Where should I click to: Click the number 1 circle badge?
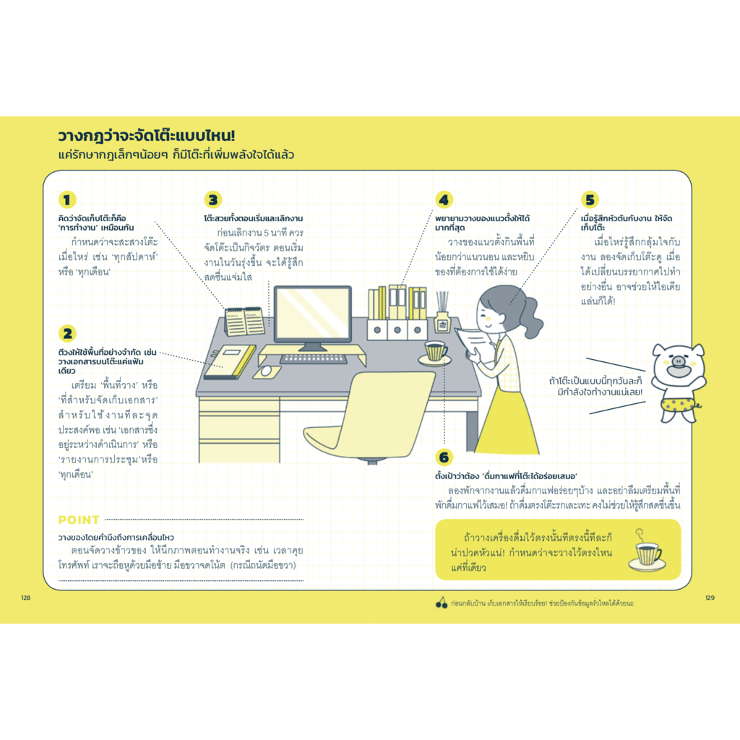[x=67, y=199]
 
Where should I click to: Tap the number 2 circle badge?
[x=67, y=333]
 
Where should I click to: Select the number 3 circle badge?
[x=213, y=199]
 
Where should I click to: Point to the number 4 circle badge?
[x=444, y=199]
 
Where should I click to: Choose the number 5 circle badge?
[x=590, y=199]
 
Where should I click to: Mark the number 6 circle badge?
[x=444, y=457]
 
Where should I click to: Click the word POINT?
[x=79, y=520]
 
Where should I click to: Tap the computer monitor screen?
[x=312, y=314]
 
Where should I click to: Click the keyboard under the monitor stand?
[x=314, y=358]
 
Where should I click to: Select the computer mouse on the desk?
[x=267, y=371]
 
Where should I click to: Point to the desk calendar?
[x=244, y=321]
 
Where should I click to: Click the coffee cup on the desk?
[x=435, y=351]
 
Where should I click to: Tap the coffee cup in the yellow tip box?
[x=647, y=553]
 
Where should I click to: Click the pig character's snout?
[x=678, y=361]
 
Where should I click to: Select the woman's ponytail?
[x=530, y=314]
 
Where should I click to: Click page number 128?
[x=26, y=598]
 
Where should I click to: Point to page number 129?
[x=710, y=598]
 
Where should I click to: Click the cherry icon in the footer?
[x=442, y=603]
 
